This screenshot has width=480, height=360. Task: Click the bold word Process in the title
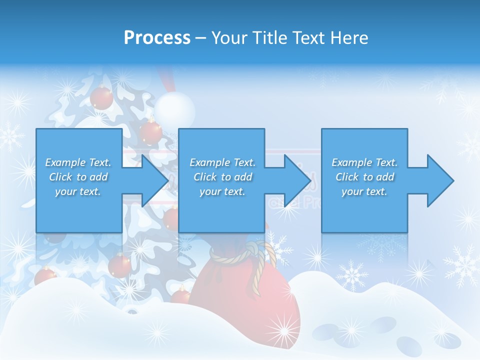pos(157,38)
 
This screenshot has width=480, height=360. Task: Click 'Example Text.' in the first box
pos(78,162)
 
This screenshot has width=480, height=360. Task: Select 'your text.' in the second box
pos(222,191)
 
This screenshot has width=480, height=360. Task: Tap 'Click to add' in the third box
pos(364,177)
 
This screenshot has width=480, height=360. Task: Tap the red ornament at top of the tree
pos(101,97)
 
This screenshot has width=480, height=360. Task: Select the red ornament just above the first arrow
pos(151,132)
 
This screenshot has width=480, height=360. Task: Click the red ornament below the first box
pos(120,265)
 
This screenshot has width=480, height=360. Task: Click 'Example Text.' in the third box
pos(364,162)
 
